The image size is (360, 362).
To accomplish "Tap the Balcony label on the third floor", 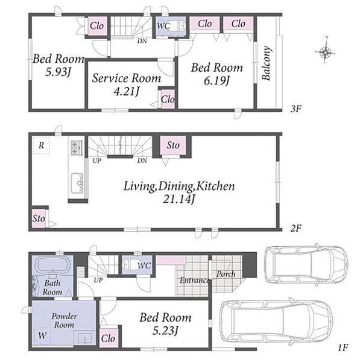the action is (267, 63).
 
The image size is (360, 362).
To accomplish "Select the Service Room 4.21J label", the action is (127, 84).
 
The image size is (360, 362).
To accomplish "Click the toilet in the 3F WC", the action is (180, 25).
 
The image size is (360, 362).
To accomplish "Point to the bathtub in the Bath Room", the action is (52, 265).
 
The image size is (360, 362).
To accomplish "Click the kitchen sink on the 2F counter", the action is (77, 183).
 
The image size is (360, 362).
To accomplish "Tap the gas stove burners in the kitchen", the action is (77, 148).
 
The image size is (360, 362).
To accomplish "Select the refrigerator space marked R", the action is (42, 145).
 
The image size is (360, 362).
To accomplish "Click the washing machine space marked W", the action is (42, 335).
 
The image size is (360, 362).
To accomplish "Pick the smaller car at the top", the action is (306, 264).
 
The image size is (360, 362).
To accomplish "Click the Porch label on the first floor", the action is (226, 274).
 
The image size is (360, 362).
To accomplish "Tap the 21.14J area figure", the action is (179, 199).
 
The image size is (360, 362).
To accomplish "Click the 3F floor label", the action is (296, 109).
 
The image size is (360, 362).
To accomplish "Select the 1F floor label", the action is (343, 348).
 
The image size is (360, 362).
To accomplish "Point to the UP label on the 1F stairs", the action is (98, 281).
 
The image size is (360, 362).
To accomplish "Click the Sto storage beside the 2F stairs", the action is (173, 145).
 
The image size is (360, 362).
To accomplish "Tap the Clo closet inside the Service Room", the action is (168, 100).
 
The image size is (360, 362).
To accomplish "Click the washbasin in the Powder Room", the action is (84, 338).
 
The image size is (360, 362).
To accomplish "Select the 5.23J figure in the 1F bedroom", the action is (165, 331).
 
